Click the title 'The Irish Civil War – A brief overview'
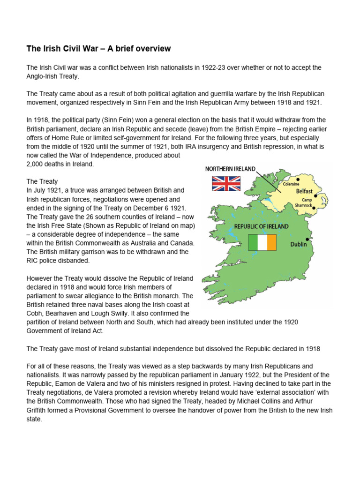98,49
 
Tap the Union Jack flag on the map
226,184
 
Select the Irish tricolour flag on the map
262,242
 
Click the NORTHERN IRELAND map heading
230,169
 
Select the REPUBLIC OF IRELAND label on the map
262,226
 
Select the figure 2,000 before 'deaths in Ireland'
36,164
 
